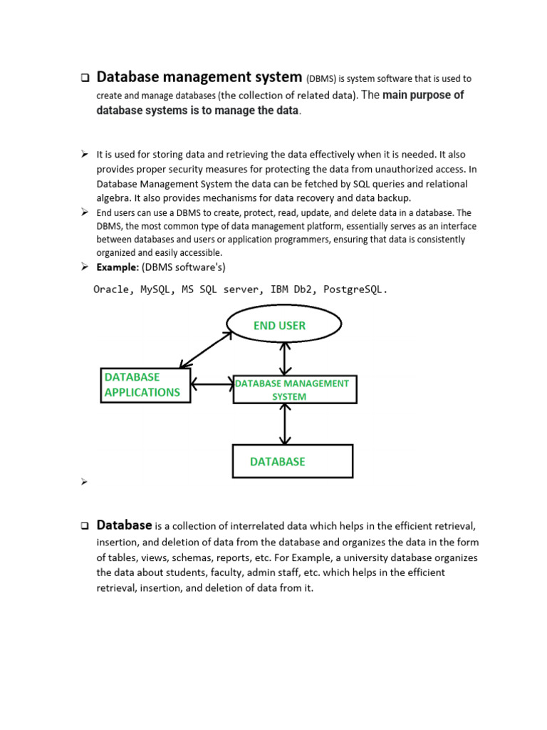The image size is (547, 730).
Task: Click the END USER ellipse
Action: [284, 326]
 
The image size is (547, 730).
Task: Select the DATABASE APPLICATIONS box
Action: [146, 385]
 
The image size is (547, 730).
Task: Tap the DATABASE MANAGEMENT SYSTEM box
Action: [295, 389]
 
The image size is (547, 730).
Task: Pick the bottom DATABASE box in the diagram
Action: [293, 461]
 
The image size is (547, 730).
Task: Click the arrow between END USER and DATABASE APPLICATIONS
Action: [207, 351]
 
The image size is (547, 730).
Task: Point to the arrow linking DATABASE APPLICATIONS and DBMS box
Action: [212, 385]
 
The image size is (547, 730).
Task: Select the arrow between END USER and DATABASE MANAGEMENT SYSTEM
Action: [285, 358]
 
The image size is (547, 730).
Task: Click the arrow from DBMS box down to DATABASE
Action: [285, 424]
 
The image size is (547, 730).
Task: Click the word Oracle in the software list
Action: [111, 289]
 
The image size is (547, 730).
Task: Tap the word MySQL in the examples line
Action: [155, 289]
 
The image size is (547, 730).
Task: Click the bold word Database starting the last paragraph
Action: [124, 525]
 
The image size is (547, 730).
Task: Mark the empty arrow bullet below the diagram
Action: [83, 483]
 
